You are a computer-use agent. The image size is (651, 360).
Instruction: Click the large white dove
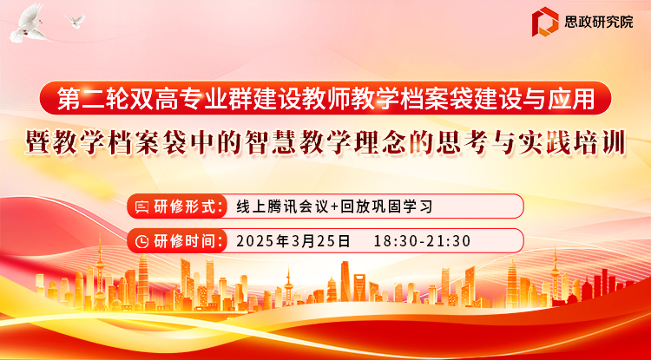pos(30,25)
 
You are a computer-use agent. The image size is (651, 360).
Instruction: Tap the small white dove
pos(76,21)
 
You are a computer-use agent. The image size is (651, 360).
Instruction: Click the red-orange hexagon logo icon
pos(545,22)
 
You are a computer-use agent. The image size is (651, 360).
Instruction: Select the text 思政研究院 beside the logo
pos(598,22)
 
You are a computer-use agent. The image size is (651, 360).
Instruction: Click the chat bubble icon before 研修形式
pos(142,206)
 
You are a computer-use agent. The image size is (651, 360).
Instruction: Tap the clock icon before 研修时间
pos(142,241)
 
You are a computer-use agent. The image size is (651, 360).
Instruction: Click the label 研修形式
pos(187,206)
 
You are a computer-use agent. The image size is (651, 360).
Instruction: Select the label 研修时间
pos(187,241)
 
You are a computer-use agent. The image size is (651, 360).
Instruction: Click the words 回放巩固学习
pos(386,206)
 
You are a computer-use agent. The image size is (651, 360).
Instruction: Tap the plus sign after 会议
pos(334,206)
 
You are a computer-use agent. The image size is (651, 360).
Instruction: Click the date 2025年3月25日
pos(293,241)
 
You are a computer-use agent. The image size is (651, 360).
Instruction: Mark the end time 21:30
pos(450,241)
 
